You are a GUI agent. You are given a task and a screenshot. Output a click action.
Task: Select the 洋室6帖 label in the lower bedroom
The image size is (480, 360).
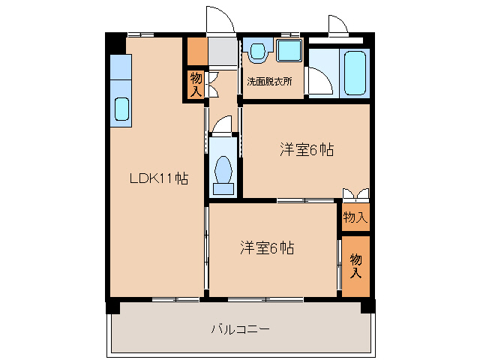coord(267,247)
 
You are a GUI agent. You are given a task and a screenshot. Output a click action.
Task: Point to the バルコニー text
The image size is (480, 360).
coord(240,328)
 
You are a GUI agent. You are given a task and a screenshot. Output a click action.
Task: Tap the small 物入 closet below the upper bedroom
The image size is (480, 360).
coord(355,217)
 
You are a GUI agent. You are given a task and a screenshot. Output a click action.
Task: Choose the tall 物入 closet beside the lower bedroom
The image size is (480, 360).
coord(356,265)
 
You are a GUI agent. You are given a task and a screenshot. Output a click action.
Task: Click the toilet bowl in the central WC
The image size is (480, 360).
coord(223,170)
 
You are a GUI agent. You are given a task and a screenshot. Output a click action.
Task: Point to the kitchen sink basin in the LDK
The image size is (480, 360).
coord(121,109)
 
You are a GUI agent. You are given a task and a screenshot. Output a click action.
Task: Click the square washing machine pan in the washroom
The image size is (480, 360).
coord(288,50)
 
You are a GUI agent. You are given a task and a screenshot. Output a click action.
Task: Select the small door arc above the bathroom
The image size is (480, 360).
coord(337,25)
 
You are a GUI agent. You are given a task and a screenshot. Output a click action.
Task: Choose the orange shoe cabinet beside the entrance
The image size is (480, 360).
coord(196,51)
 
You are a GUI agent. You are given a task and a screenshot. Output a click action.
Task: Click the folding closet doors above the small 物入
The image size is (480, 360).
coord(355,194)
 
